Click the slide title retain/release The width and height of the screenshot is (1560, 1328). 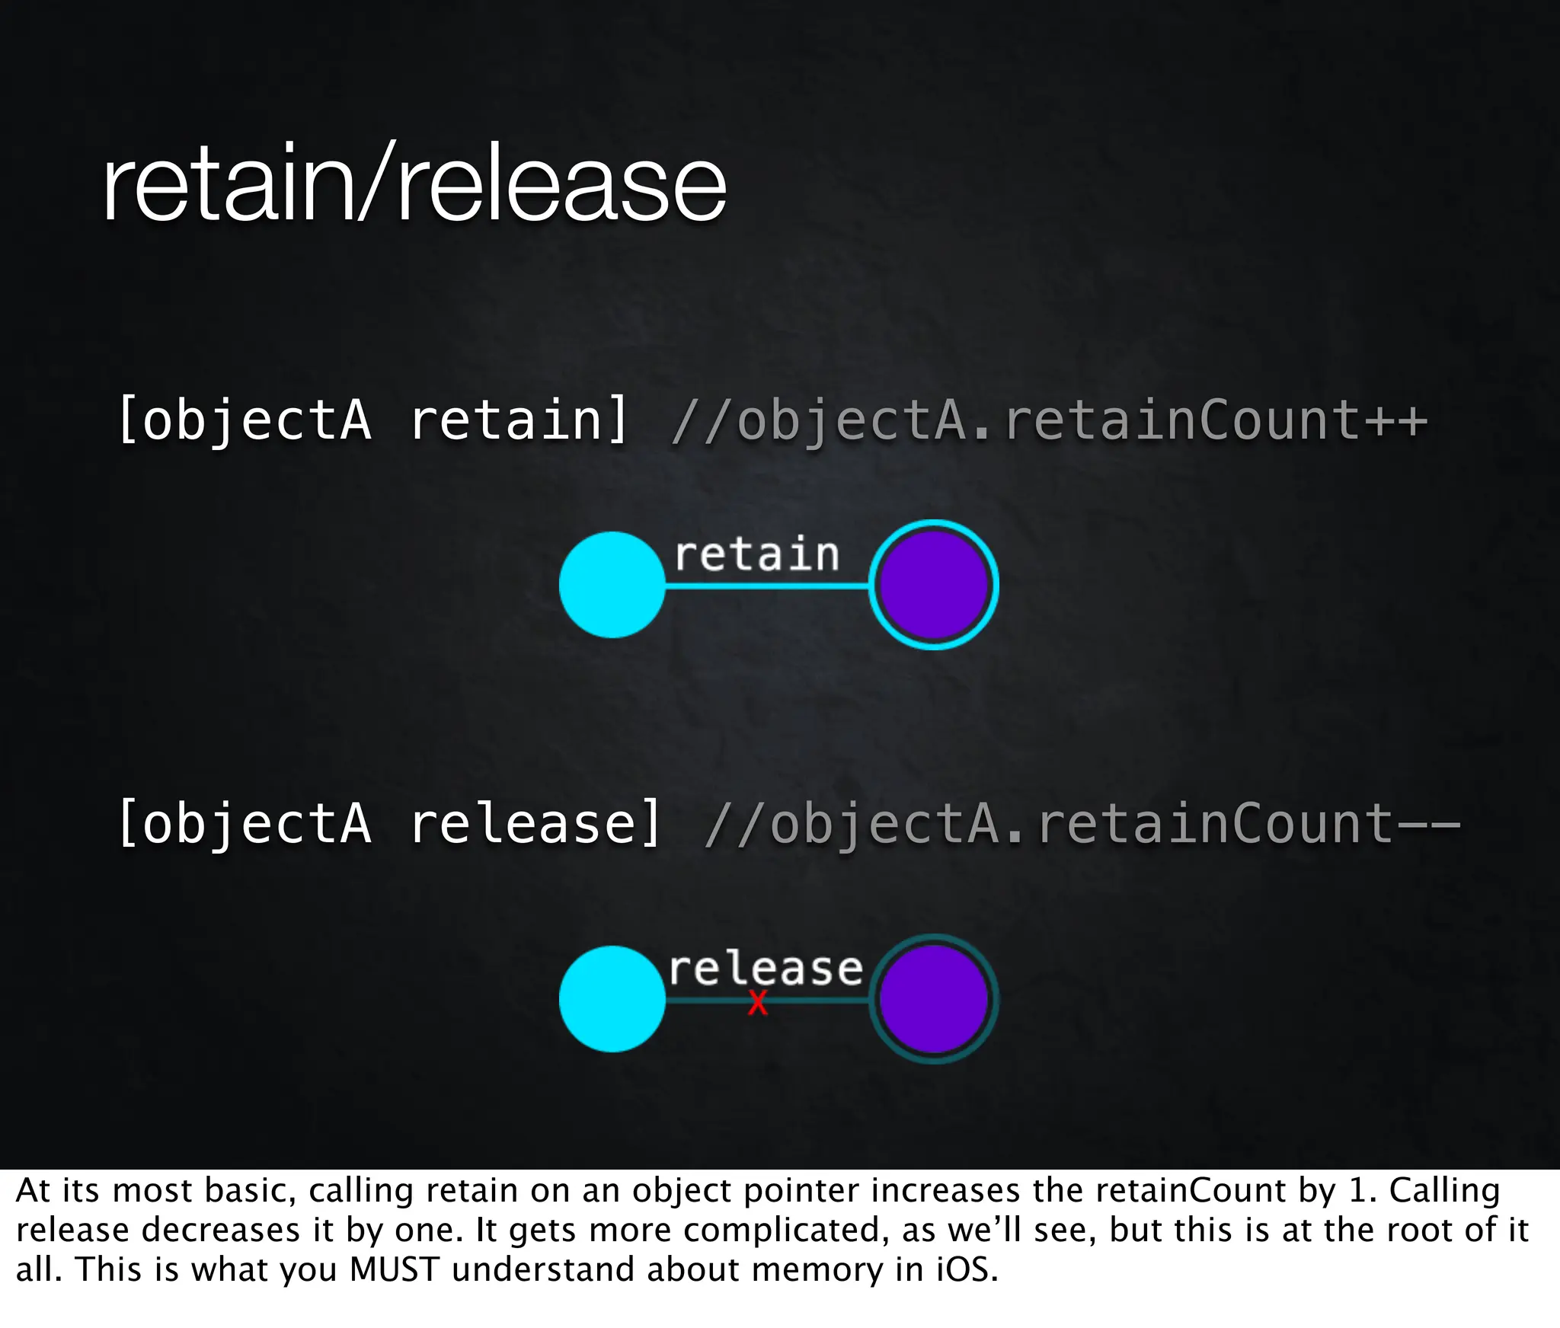(x=414, y=184)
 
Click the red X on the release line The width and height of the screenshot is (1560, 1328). (x=757, y=1003)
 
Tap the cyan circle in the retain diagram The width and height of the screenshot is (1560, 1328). (x=612, y=585)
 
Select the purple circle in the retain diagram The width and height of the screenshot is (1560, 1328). (x=933, y=585)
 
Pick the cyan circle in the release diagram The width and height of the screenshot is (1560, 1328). (x=612, y=999)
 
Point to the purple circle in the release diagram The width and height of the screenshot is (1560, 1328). (x=933, y=999)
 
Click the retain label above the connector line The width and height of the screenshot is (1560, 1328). (x=756, y=554)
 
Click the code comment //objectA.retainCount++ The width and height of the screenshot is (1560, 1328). (x=1049, y=420)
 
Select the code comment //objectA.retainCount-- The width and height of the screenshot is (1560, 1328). (x=1082, y=824)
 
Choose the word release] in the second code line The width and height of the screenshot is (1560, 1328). (x=535, y=824)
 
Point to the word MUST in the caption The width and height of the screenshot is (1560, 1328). (x=395, y=1269)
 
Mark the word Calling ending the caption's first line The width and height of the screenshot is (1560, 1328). (x=1444, y=1190)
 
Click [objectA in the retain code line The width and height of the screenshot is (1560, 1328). (x=245, y=420)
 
